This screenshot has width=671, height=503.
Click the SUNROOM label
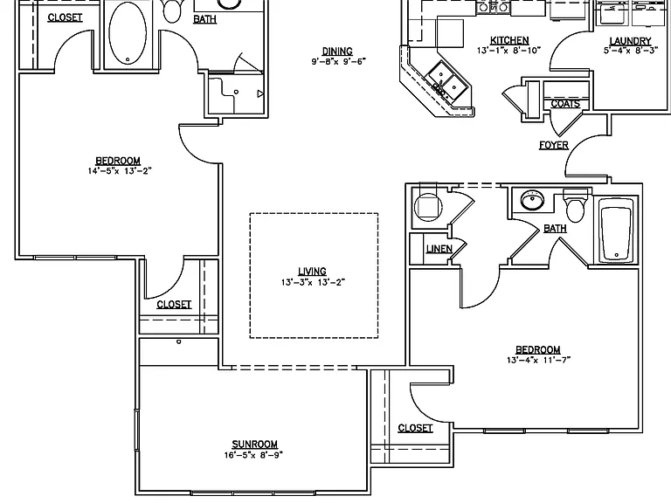pyautogui.click(x=254, y=444)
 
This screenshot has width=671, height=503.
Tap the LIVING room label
pyautogui.click(x=313, y=272)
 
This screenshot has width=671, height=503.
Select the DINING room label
pyautogui.click(x=337, y=52)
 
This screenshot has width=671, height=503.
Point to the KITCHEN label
pyautogui.click(x=509, y=40)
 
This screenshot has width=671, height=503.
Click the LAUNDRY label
pyautogui.click(x=630, y=41)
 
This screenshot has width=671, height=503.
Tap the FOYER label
pyautogui.click(x=554, y=146)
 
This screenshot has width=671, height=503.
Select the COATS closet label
pyautogui.click(x=565, y=104)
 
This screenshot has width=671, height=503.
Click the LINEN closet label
pyautogui.click(x=439, y=249)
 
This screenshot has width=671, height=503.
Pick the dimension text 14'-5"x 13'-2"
pyautogui.click(x=120, y=171)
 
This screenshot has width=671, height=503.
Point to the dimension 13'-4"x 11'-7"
pyautogui.click(x=538, y=360)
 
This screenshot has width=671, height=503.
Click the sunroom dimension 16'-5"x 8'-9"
pyautogui.click(x=253, y=455)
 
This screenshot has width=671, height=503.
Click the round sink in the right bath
pyautogui.click(x=532, y=200)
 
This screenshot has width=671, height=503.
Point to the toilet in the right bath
pyautogui.click(x=575, y=205)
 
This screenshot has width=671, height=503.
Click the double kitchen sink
pyautogui.click(x=447, y=82)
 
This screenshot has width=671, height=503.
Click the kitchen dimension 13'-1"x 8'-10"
pyautogui.click(x=509, y=51)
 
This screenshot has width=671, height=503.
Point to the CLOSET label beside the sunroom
pyautogui.click(x=415, y=428)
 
